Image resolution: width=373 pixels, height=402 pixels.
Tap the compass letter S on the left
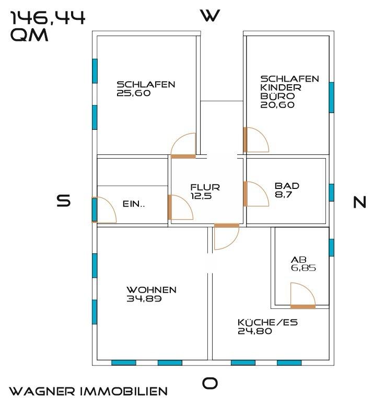point(64,201)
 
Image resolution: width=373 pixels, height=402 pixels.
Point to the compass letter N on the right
point(360,202)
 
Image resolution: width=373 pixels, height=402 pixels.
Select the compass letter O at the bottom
point(210,384)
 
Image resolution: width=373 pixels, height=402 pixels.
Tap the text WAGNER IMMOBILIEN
point(89,391)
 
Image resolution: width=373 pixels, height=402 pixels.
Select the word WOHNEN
point(151,290)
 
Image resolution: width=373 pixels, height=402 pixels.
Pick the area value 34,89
point(144,299)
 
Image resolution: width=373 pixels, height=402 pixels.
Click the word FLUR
point(205,187)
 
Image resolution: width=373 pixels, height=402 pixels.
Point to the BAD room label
point(287,186)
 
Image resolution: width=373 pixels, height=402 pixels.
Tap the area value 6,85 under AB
point(304,268)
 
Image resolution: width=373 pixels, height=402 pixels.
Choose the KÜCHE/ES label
point(267,322)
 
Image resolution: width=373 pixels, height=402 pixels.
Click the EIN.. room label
point(134,205)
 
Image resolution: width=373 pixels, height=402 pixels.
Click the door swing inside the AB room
point(302,295)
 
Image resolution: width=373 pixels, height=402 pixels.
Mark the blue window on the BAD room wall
point(331,193)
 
